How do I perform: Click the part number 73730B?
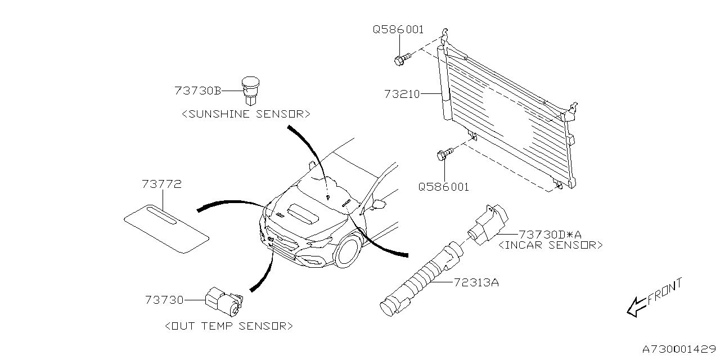click(x=197, y=91)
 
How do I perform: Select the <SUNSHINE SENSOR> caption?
click(x=246, y=114)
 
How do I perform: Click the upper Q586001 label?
click(x=398, y=30)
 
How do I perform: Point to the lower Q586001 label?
click(x=443, y=187)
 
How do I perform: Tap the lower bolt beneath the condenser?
click(x=445, y=153)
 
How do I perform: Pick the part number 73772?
click(x=161, y=184)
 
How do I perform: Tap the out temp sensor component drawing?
click(x=223, y=301)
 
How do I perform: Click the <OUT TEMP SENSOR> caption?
click(x=229, y=326)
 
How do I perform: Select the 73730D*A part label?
click(x=550, y=234)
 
